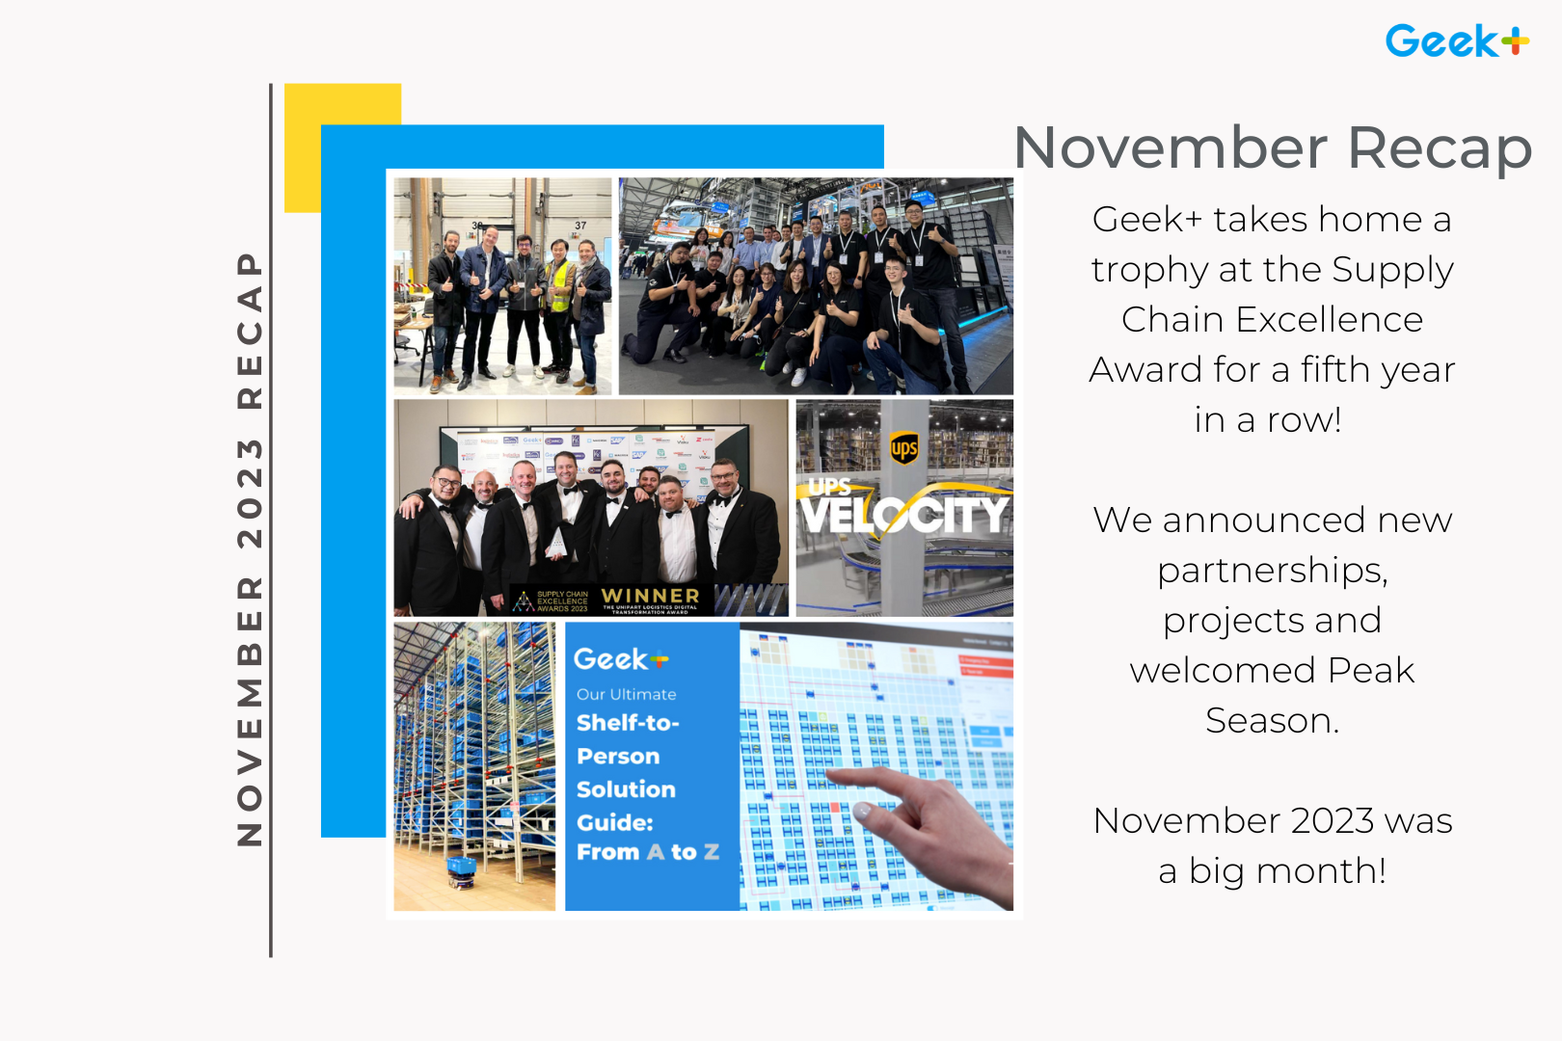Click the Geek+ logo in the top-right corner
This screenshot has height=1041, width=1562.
coord(1456,40)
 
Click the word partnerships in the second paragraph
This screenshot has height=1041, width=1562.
coord(1272,571)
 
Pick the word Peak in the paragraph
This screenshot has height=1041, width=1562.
coord(1370,670)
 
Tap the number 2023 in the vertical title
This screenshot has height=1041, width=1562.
coord(250,493)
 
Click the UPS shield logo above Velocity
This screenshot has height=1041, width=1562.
coord(904,447)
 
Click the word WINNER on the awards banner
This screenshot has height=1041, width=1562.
coord(651,596)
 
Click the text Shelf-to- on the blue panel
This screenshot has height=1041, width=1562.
coord(628,723)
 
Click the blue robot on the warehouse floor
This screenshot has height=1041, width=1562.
coord(462,867)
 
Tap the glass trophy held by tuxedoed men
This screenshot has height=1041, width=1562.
coord(556,546)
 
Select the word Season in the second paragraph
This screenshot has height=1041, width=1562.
coord(1272,720)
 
